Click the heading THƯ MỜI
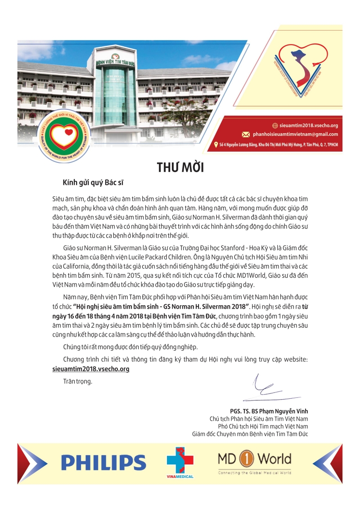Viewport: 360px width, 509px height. (180, 167)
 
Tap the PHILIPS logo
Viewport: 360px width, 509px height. (103, 462)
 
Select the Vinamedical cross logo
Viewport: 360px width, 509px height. (180, 460)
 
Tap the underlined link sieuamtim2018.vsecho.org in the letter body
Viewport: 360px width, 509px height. (91, 369)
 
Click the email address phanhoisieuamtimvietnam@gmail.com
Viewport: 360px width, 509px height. (295, 134)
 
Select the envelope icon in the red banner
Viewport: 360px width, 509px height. (246, 134)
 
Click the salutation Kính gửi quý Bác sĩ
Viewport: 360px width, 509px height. (93, 183)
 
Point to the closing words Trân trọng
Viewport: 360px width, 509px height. (78, 381)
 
